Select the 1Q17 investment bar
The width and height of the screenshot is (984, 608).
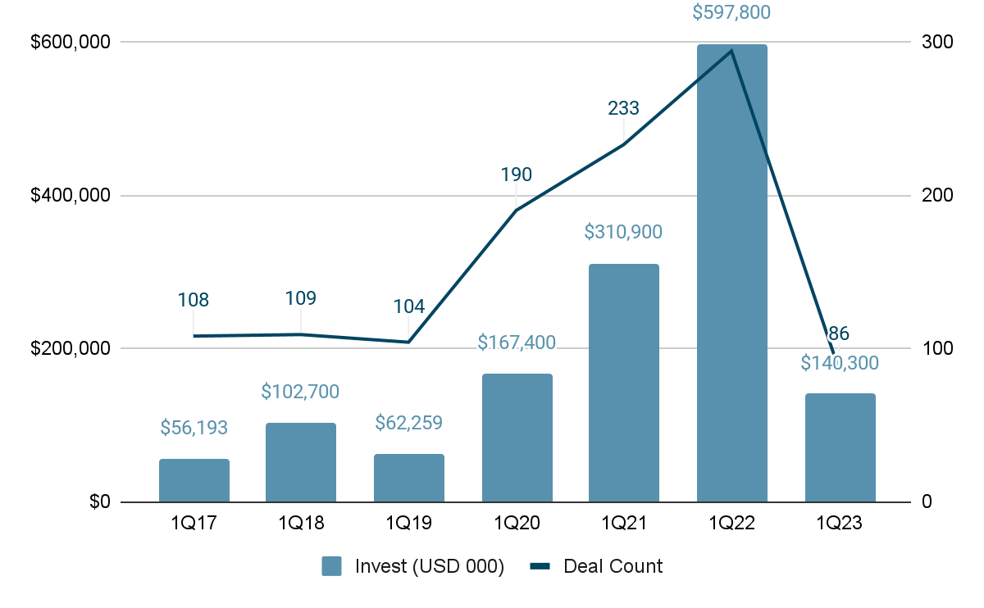pyautogui.click(x=194, y=480)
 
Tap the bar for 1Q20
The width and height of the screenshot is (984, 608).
pyautogui.click(x=517, y=438)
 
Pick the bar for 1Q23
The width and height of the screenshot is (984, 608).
pyautogui.click(x=840, y=447)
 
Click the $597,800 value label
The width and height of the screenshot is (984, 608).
pyautogui.click(x=731, y=13)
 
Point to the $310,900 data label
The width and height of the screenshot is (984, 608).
pyautogui.click(x=623, y=232)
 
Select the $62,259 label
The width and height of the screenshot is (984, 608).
pyautogui.click(x=408, y=424)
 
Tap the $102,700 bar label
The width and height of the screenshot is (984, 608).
pyautogui.click(x=300, y=392)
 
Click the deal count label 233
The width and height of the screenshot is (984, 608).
pyautogui.click(x=623, y=108)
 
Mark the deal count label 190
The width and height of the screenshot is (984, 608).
pyautogui.click(x=516, y=175)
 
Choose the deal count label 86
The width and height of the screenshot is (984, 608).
pyautogui.click(x=838, y=333)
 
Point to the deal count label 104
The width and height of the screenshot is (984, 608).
pyautogui.click(x=408, y=307)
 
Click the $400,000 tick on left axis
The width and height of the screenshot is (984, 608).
pyautogui.click(x=70, y=196)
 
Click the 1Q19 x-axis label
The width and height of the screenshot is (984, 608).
pyautogui.click(x=408, y=523)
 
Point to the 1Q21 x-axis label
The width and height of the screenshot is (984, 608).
pyautogui.click(x=623, y=523)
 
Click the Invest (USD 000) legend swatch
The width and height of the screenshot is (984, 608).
pyautogui.click(x=331, y=566)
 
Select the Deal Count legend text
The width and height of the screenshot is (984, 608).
pyautogui.click(x=613, y=566)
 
